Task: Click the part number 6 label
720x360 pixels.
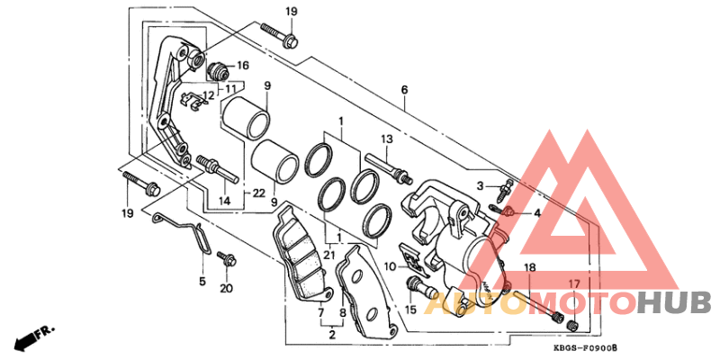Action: click(404, 90)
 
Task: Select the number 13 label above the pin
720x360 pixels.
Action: click(387, 139)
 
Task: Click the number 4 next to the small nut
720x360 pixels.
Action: click(536, 213)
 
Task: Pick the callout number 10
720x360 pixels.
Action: click(390, 266)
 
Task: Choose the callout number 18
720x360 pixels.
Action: click(530, 268)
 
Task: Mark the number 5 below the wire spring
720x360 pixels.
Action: click(202, 281)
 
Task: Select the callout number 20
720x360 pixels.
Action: click(226, 288)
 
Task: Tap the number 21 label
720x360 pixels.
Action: click(328, 256)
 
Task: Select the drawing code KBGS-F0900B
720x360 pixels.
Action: click(589, 348)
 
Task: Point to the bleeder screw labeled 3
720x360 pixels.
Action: click(507, 189)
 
